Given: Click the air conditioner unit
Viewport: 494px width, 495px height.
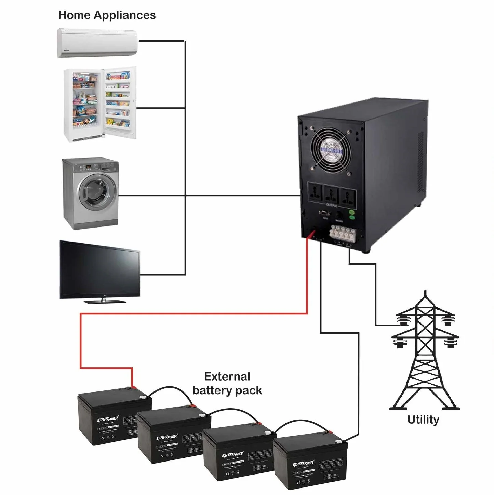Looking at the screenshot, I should [x=97, y=43].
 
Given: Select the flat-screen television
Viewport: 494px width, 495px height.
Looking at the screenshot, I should [x=99, y=270].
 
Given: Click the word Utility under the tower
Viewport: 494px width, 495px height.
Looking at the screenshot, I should [x=423, y=420].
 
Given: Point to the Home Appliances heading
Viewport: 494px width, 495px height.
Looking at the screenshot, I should [x=107, y=15].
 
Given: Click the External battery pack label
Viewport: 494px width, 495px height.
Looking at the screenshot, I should [x=227, y=383].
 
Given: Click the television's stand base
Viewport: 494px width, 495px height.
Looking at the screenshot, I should [x=105, y=301].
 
